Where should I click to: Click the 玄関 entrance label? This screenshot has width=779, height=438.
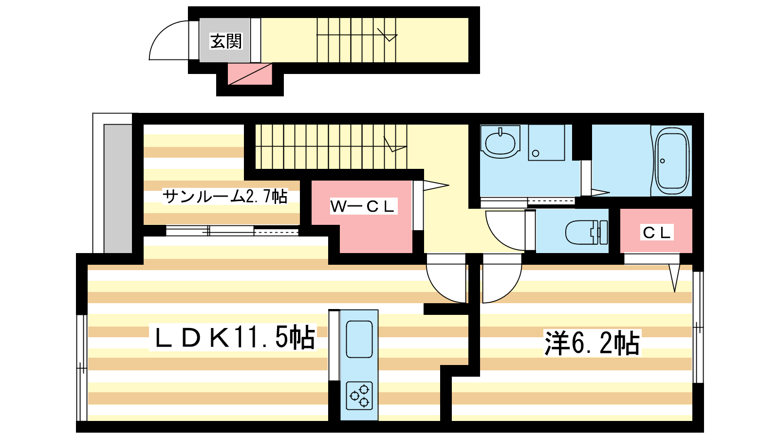point(226,41)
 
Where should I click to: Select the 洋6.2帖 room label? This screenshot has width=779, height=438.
point(592,344)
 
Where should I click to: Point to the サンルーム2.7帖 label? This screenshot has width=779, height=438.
point(225,197)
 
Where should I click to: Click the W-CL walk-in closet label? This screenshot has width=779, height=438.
point(363,206)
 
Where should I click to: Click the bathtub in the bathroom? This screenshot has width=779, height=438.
point(671,160)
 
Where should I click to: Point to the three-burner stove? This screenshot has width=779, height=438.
point(359,395)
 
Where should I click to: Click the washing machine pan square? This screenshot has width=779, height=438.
point(546,143)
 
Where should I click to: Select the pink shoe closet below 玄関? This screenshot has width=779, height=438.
point(250,73)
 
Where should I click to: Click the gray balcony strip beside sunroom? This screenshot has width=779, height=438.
point(117,188)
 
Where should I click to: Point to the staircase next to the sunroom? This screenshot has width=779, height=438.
point(331,146)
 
